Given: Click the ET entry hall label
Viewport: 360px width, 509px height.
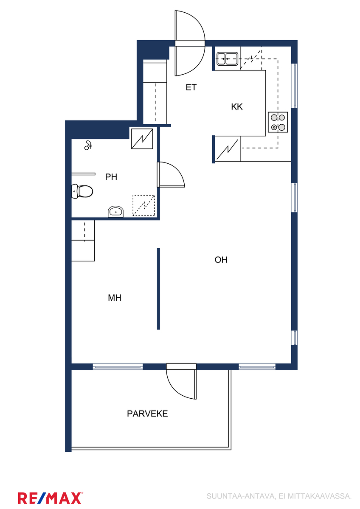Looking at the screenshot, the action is pos(191,87).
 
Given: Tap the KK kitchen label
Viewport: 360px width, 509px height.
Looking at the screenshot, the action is pos(237,106).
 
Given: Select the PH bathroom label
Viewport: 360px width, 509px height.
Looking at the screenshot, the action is pos(111,177).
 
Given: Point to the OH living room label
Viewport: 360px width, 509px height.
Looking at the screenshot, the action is pos(221,260).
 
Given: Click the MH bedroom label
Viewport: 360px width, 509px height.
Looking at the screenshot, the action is pos(115,298).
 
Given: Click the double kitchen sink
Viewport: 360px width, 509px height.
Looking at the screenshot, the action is pos(227,59).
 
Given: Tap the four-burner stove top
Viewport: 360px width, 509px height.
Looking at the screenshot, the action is pos(278,122).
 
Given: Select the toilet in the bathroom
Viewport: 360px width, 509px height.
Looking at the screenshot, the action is pos(82,191).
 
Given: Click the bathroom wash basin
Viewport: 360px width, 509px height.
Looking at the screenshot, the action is pos(116,212).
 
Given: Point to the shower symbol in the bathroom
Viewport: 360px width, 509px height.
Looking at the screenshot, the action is pos(88,145).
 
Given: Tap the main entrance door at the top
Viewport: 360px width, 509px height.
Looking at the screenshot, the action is pos(190,43).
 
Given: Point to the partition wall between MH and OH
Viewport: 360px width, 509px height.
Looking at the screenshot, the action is pos(158,288).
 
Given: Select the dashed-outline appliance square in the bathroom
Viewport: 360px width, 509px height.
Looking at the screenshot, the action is pos(144,205).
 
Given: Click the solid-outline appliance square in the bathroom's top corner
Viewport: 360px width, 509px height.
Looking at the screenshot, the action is pos(142,139).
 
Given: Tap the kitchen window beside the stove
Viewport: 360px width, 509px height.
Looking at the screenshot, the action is pos(294,86).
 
